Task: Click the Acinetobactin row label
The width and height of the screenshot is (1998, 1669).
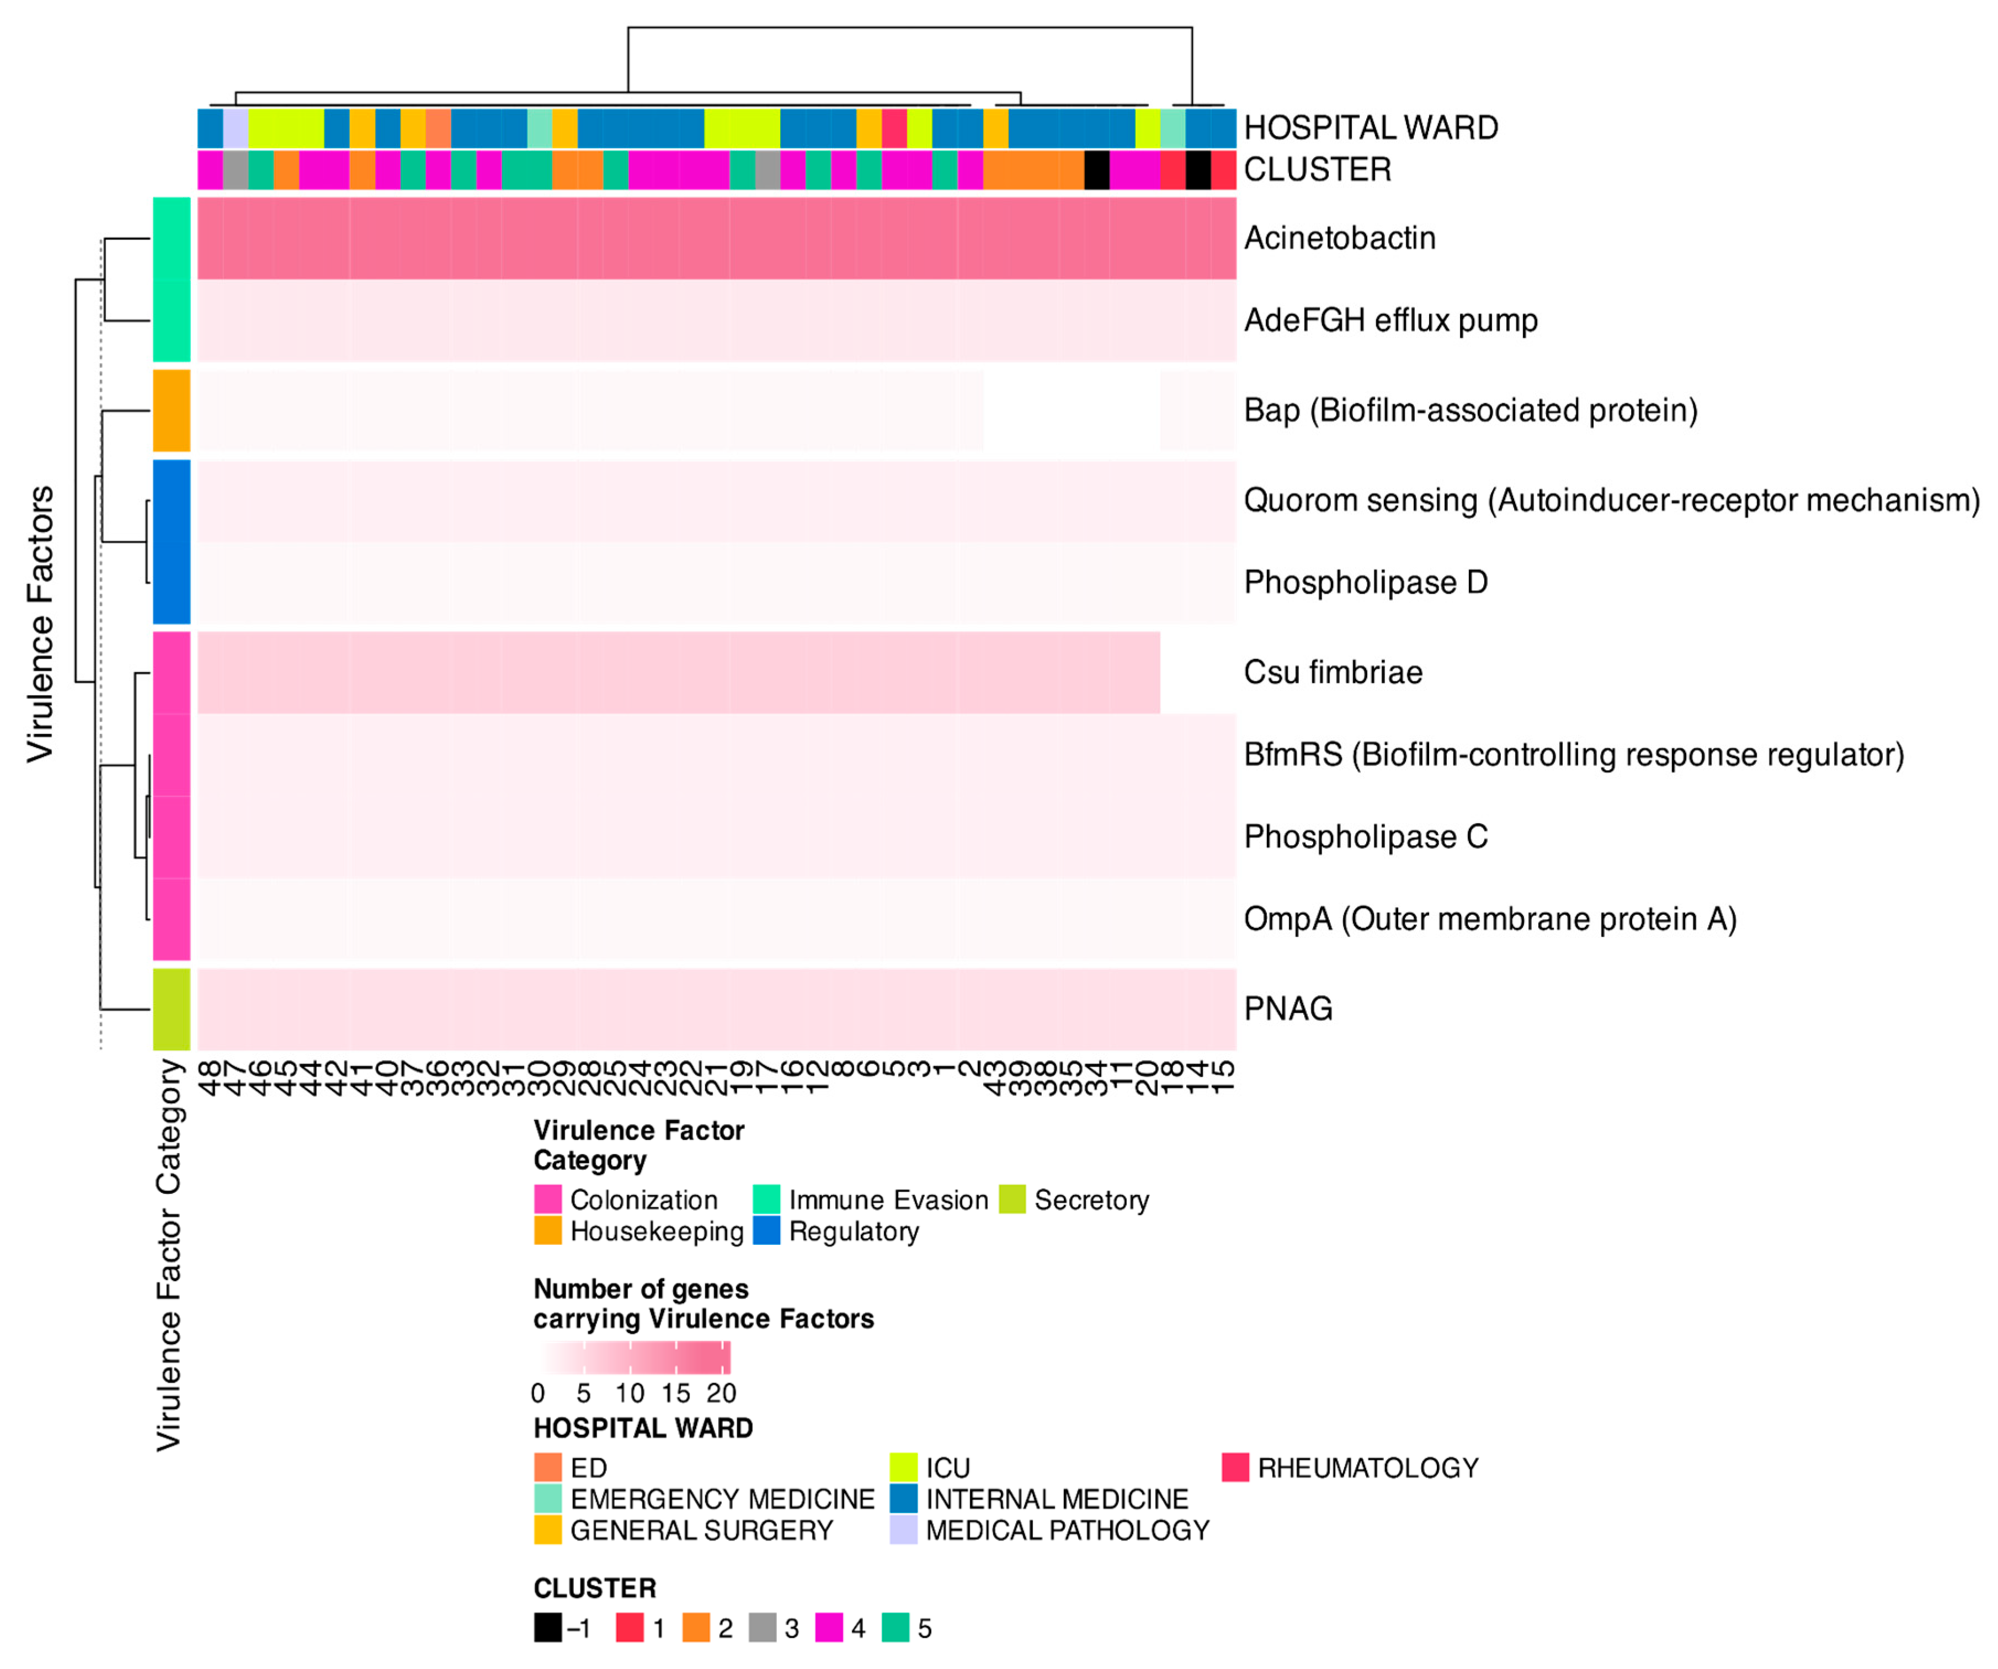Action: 1340,238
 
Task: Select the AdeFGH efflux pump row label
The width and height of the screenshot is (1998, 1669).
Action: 1390,321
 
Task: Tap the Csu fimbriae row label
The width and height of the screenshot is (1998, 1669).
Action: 1333,673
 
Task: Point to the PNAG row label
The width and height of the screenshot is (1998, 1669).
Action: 1288,1009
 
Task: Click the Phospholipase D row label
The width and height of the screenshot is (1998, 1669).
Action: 1365,582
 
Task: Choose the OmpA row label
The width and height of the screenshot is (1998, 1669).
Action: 1490,919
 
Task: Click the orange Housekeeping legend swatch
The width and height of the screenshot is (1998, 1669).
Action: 548,1231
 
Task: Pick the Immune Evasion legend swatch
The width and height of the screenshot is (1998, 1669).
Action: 767,1200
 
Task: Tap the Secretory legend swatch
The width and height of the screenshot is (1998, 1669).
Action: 1013,1200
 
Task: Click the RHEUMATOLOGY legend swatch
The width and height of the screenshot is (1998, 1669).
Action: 1235,1467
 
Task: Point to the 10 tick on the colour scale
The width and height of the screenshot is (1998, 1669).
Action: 630,1394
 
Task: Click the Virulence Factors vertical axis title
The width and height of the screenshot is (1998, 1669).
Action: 40,623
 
